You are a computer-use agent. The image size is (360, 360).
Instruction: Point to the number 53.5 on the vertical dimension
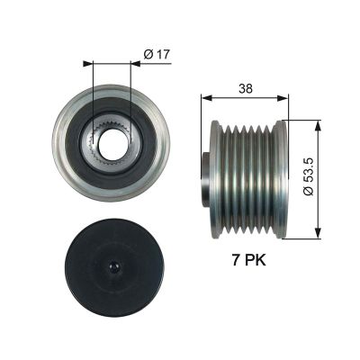(310, 176)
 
